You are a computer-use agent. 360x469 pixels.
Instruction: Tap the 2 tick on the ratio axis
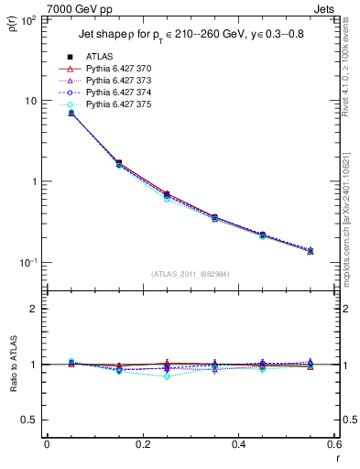[x=35, y=310]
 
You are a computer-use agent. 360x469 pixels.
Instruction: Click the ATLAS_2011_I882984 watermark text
[x=190, y=273]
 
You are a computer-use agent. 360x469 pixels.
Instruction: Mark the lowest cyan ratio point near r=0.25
[x=167, y=376]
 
